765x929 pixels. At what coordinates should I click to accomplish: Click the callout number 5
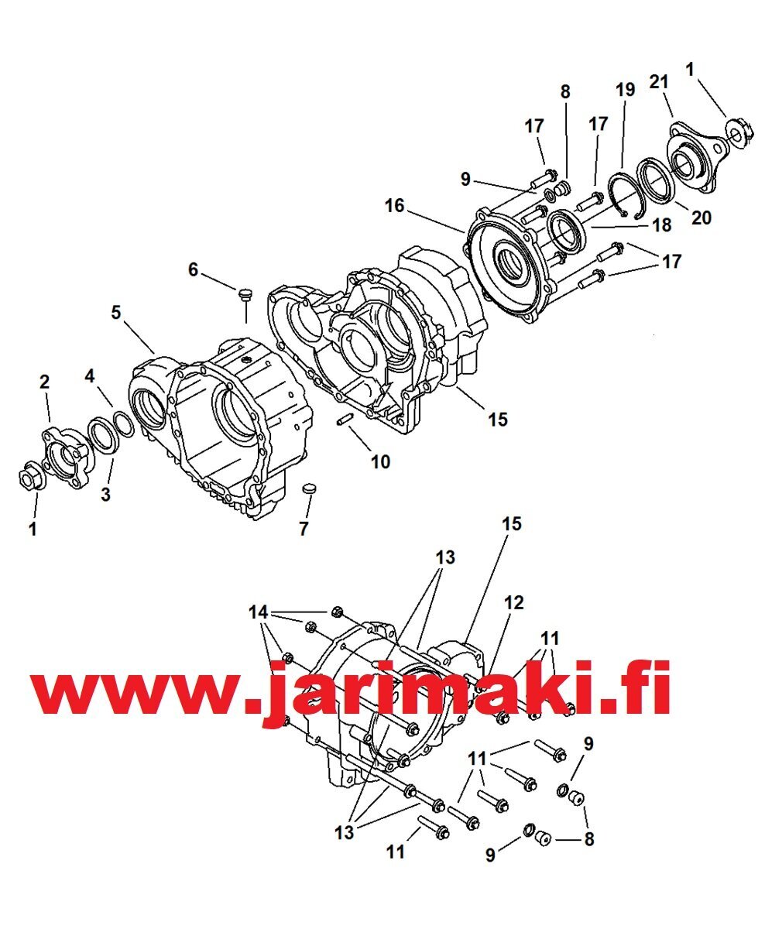pyautogui.click(x=116, y=314)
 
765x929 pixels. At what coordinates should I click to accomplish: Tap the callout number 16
pyautogui.click(x=394, y=206)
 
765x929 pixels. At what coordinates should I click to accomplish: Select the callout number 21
pyautogui.click(x=659, y=82)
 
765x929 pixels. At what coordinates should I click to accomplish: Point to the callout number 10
pyautogui.click(x=381, y=462)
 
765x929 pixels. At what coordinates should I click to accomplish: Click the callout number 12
pyautogui.click(x=514, y=603)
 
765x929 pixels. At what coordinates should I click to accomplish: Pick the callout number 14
pyautogui.click(x=259, y=612)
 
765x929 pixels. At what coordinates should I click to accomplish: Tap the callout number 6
pyautogui.click(x=194, y=269)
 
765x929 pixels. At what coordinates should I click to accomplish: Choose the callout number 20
pyautogui.click(x=702, y=218)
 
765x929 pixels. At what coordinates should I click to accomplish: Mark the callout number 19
pyautogui.click(x=626, y=90)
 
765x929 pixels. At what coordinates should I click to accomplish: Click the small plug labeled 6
pyautogui.click(x=244, y=294)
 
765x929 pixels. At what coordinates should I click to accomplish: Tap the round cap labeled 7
pyautogui.click(x=310, y=489)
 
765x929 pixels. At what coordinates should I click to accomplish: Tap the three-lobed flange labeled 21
pyautogui.click(x=695, y=155)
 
